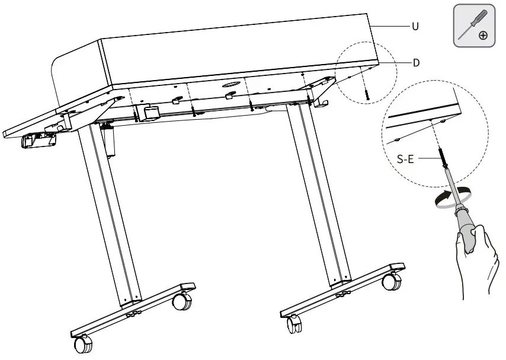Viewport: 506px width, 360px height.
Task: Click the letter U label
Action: [x=416, y=26]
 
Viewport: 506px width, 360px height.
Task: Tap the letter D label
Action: [x=417, y=63]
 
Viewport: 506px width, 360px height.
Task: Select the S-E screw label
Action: [x=405, y=159]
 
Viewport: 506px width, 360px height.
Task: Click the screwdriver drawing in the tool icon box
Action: [x=473, y=24]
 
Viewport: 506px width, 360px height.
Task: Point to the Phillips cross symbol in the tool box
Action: [x=483, y=35]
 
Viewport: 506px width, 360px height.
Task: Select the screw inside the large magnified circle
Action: [x=441, y=157]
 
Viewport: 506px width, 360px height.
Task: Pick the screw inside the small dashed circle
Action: [x=367, y=94]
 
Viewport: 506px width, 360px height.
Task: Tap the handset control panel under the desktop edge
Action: [x=38, y=140]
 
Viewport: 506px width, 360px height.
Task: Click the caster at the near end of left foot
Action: [x=83, y=345]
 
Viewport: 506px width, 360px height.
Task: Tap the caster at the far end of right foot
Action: [x=392, y=281]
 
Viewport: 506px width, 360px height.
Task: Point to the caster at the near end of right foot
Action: [x=294, y=324]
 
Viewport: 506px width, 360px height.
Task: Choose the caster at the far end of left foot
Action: [x=182, y=301]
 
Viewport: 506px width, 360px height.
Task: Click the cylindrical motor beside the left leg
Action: [x=108, y=141]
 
